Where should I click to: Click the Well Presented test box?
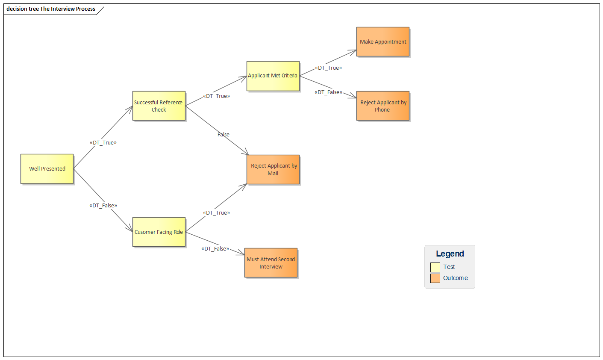pos(47,169)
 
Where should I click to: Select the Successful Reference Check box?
pos(159,106)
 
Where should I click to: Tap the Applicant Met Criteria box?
pos(273,76)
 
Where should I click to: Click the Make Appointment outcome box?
pos(382,42)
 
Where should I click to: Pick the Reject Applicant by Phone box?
pos(382,106)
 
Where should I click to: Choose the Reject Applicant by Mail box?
pos(273,169)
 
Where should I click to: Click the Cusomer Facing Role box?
pos(159,232)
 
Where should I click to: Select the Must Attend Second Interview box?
pos(271,263)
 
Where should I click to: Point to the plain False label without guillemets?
pos(223,135)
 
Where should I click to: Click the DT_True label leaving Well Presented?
pos(103,143)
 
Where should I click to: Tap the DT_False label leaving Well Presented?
pos(103,206)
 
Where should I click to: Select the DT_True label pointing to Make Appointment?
pos(328,68)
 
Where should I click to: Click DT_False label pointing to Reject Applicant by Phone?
pos(328,92)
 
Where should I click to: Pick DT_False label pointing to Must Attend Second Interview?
pos(215,249)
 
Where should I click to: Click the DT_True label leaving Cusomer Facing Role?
pos(216,213)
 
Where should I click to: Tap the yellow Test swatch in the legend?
pos(435,267)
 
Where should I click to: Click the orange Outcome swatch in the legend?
pos(435,278)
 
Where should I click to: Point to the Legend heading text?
pos(450,254)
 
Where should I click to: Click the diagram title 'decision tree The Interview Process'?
pos(51,9)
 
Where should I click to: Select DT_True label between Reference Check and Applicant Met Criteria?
pos(216,96)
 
